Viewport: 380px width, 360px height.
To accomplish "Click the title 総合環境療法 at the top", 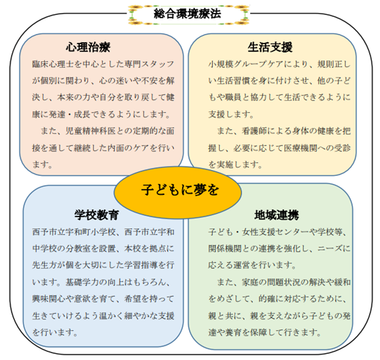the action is click(x=187, y=14).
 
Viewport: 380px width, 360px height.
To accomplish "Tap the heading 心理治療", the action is click(x=88, y=47).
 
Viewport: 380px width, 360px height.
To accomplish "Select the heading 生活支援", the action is click(x=270, y=47).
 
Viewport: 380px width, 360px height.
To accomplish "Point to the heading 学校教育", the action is click(x=97, y=215).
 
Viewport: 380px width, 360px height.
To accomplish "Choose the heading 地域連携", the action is click(x=277, y=215).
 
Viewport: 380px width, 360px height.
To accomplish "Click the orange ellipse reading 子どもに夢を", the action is click(x=177, y=192).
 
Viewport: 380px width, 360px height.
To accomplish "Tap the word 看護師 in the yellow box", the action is click(x=254, y=131).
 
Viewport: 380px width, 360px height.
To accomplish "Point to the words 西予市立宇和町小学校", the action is click(x=74, y=232).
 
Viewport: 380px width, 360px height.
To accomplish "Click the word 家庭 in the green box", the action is click(x=250, y=283).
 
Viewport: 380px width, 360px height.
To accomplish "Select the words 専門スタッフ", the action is click(x=150, y=64).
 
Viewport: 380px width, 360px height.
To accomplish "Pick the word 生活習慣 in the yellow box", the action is click(x=233, y=81).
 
